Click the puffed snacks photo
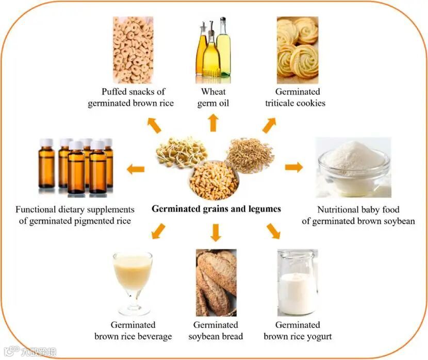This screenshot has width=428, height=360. click(133, 50)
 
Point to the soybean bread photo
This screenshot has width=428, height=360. click(216, 282)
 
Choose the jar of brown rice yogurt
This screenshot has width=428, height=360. click(297, 282)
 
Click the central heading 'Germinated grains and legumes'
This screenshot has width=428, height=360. click(216, 209)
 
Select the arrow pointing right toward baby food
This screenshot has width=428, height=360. click(294, 167)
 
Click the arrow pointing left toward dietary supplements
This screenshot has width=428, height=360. click(136, 169)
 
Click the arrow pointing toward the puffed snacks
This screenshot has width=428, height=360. click(154, 125)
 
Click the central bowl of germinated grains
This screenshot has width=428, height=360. click(214, 180)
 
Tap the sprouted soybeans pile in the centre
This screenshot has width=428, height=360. click(182, 152)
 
